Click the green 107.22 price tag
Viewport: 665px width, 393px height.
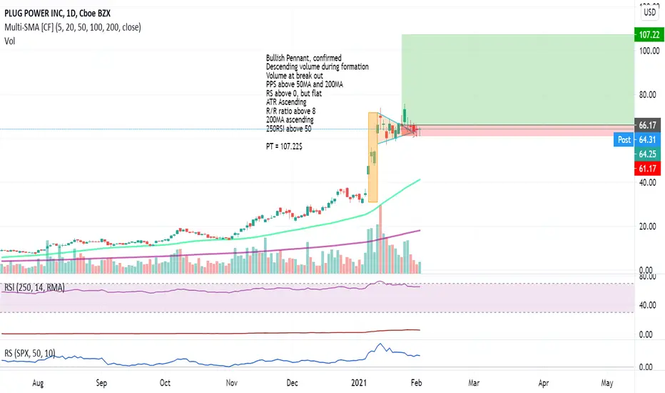tap(648, 34)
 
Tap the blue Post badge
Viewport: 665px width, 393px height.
tap(624, 140)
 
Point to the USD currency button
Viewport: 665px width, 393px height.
tap(650, 11)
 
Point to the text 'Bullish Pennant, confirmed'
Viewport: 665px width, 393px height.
tap(303, 58)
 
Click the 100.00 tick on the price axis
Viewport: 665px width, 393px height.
tap(648, 51)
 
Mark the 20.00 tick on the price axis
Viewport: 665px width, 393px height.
tap(648, 227)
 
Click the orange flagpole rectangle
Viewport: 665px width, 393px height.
tap(372, 157)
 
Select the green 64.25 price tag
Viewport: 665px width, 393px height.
tap(648, 154)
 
